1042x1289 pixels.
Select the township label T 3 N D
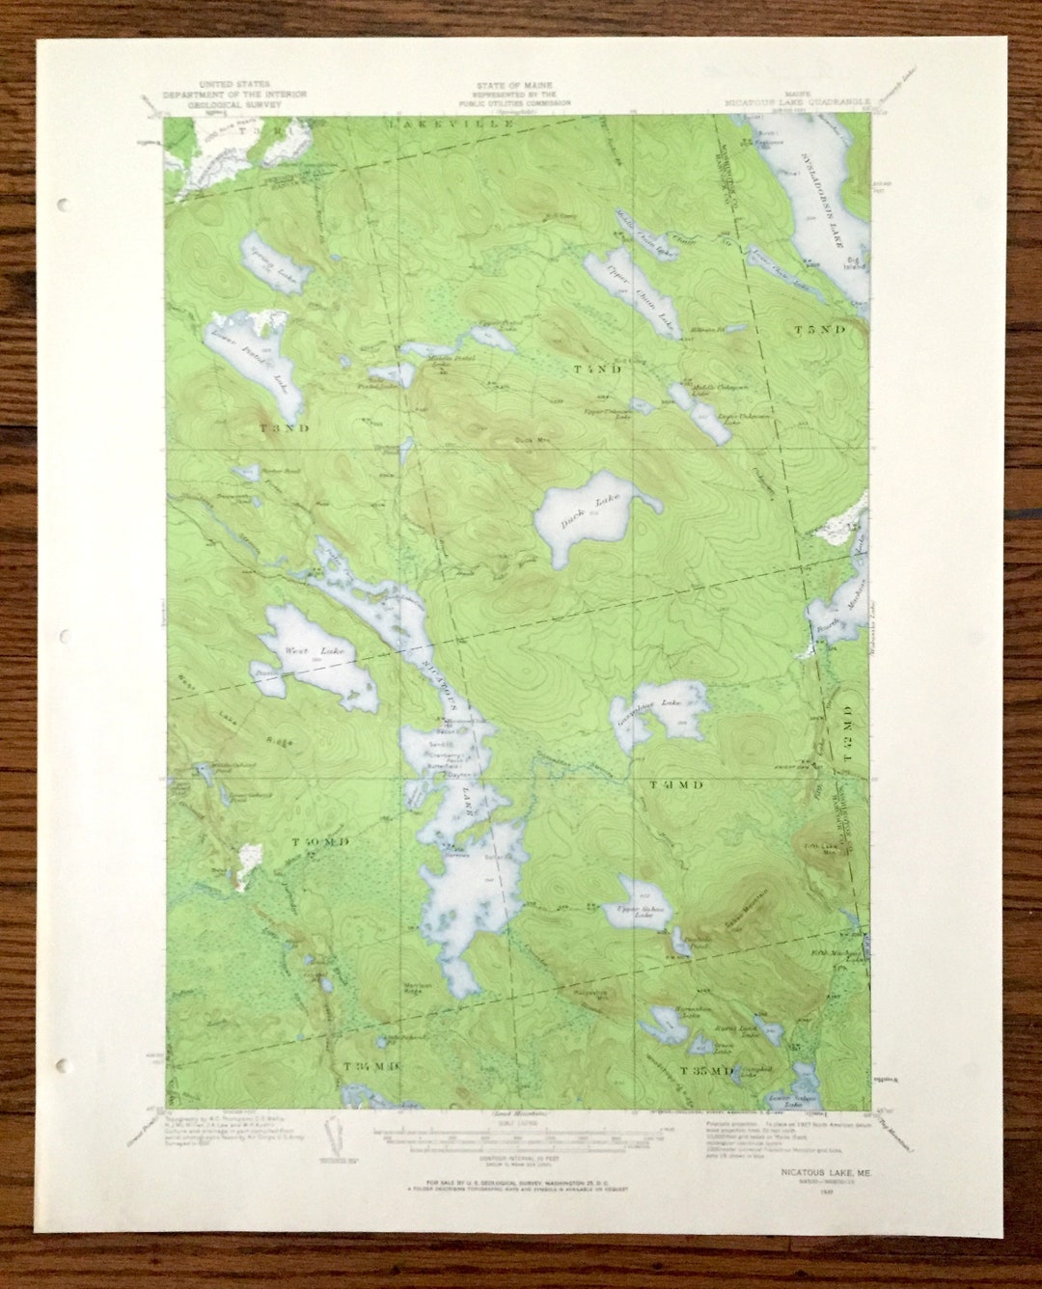point(284,427)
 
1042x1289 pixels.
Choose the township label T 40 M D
point(319,842)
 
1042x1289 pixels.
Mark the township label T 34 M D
point(370,1065)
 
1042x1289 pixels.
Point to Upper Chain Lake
point(640,294)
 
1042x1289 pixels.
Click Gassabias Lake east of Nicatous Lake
point(662,709)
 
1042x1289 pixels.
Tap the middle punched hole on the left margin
point(63,637)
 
